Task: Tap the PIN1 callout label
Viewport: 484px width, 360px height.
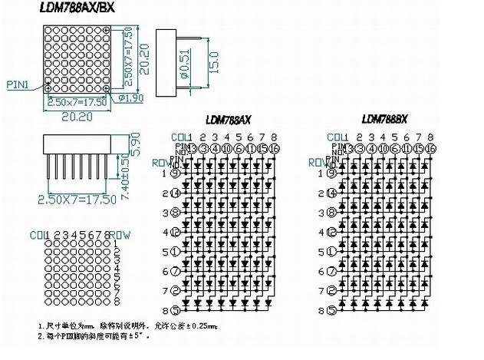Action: coord(18,85)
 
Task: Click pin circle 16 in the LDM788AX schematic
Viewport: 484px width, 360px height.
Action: coord(274,148)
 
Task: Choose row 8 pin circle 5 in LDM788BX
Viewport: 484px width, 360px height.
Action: coord(332,310)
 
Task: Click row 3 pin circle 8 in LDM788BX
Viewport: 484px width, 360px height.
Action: coord(332,213)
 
